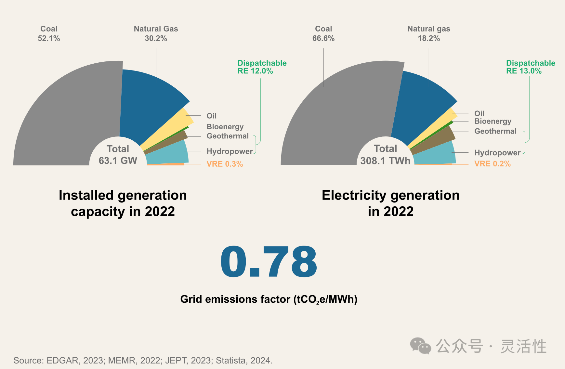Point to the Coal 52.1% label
(x=49, y=33)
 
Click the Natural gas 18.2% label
(x=429, y=33)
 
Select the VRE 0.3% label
(x=225, y=164)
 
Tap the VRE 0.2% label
(x=492, y=164)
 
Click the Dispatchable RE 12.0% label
(x=262, y=67)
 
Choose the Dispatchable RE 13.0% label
(x=530, y=67)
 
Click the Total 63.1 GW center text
(x=118, y=155)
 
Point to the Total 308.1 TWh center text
(x=385, y=155)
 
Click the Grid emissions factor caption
(x=269, y=299)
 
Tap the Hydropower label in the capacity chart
(x=230, y=151)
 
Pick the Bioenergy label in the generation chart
(x=493, y=121)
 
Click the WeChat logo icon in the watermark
(x=420, y=346)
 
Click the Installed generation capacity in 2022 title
(x=123, y=203)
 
